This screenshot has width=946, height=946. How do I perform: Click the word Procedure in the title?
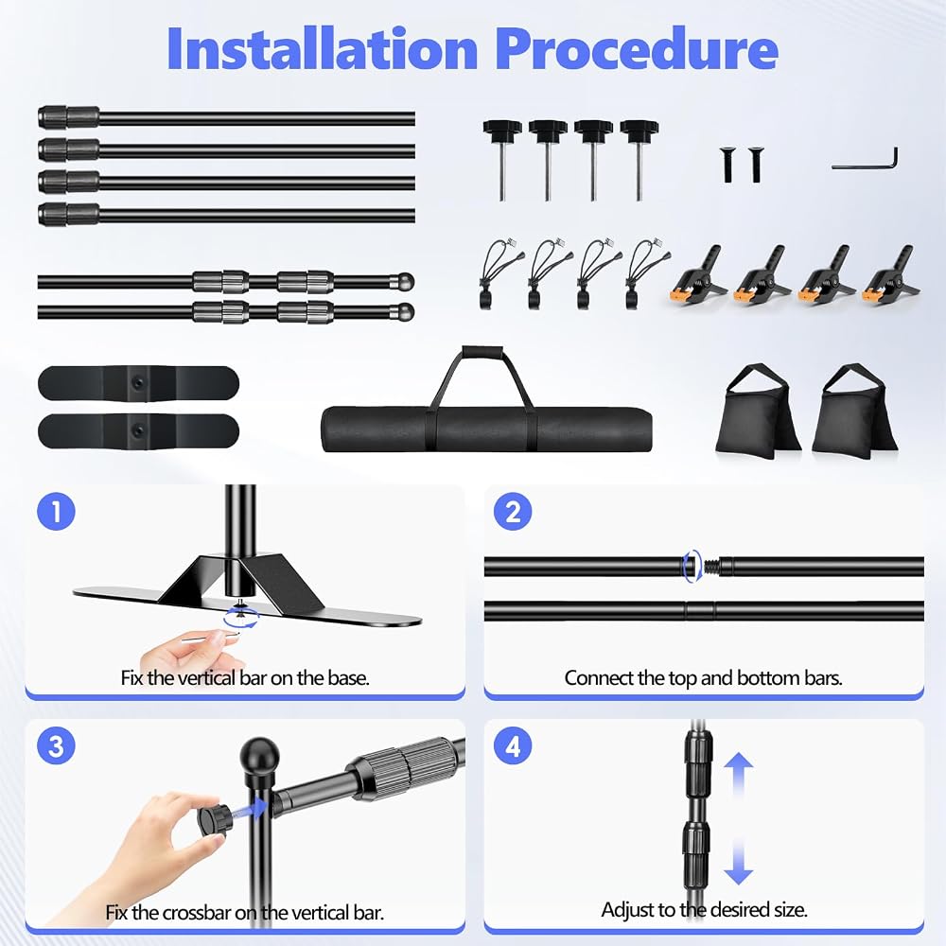click(637, 49)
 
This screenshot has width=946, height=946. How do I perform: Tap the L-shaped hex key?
click(866, 159)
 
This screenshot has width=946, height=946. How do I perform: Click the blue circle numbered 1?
click(56, 512)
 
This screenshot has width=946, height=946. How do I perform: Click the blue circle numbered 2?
click(513, 512)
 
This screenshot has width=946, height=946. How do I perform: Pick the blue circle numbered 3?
click(56, 745)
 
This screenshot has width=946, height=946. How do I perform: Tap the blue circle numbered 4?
click(513, 745)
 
